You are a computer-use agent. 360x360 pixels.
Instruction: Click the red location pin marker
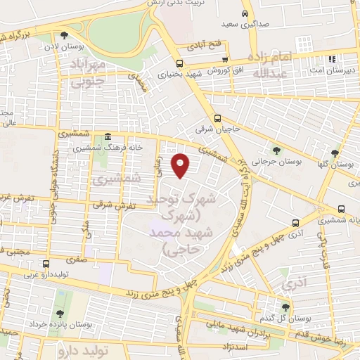pyautogui.click(x=182, y=165)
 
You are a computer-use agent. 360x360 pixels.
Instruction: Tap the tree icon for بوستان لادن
pyautogui.click(x=65, y=34)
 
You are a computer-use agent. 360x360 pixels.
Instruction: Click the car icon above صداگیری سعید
pyautogui.click(x=245, y=13)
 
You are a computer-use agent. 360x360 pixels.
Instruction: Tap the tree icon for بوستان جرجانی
pyautogui.click(x=276, y=150)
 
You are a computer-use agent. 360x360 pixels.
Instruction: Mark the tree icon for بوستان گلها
pyautogui.click(x=335, y=153)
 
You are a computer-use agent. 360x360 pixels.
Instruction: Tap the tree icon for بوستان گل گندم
pyautogui.click(x=285, y=307)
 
